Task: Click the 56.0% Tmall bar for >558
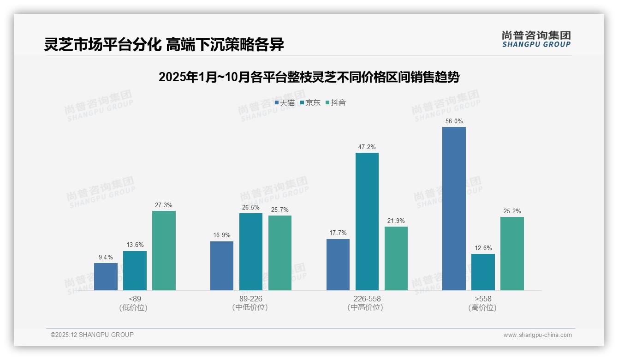tap(454, 209)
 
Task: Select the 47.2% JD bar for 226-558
tap(367, 222)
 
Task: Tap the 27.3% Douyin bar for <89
tap(164, 251)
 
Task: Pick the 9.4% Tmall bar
tap(106, 276)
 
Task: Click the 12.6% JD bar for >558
tap(483, 272)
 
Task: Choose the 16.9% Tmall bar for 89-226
tap(222, 266)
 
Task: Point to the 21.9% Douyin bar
tap(396, 258)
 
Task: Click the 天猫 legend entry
tap(285, 103)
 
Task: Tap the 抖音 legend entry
tap(336, 103)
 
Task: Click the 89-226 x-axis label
tap(250, 299)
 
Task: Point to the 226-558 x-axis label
tap(367, 299)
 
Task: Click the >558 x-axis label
tap(483, 299)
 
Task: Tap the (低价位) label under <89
tap(134, 307)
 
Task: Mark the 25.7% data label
tap(279, 210)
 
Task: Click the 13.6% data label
tap(135, 245)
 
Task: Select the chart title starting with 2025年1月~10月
tap(309, 77)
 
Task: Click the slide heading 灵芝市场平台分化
tap(164, 45)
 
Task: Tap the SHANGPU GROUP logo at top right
tap(536, 39)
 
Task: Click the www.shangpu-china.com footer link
tap(537, 335)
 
